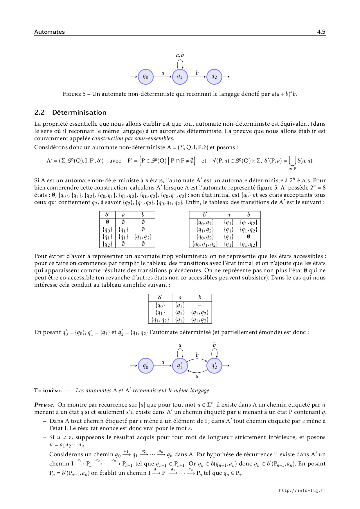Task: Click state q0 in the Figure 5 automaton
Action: coord(145,77)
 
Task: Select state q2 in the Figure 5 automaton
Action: coord(214,77)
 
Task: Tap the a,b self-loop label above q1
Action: coord(180,55)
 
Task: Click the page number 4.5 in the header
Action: coord(321,32)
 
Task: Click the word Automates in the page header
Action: coord(49,32)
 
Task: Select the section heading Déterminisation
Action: coord(79,113)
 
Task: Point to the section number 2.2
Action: coord(39,113)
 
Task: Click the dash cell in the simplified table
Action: coord(199,305)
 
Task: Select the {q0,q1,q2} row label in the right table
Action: coord(205,244)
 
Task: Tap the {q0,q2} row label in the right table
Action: coord(205,237)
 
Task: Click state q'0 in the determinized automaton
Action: coord(145,366)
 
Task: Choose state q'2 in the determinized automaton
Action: coord(214,366)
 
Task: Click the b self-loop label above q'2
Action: coord(214,345)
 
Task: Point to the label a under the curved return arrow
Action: coord(197,376)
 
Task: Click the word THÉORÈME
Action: coord(48,391)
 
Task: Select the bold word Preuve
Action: coord(44,405)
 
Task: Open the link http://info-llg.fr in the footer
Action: coord(302,490)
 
